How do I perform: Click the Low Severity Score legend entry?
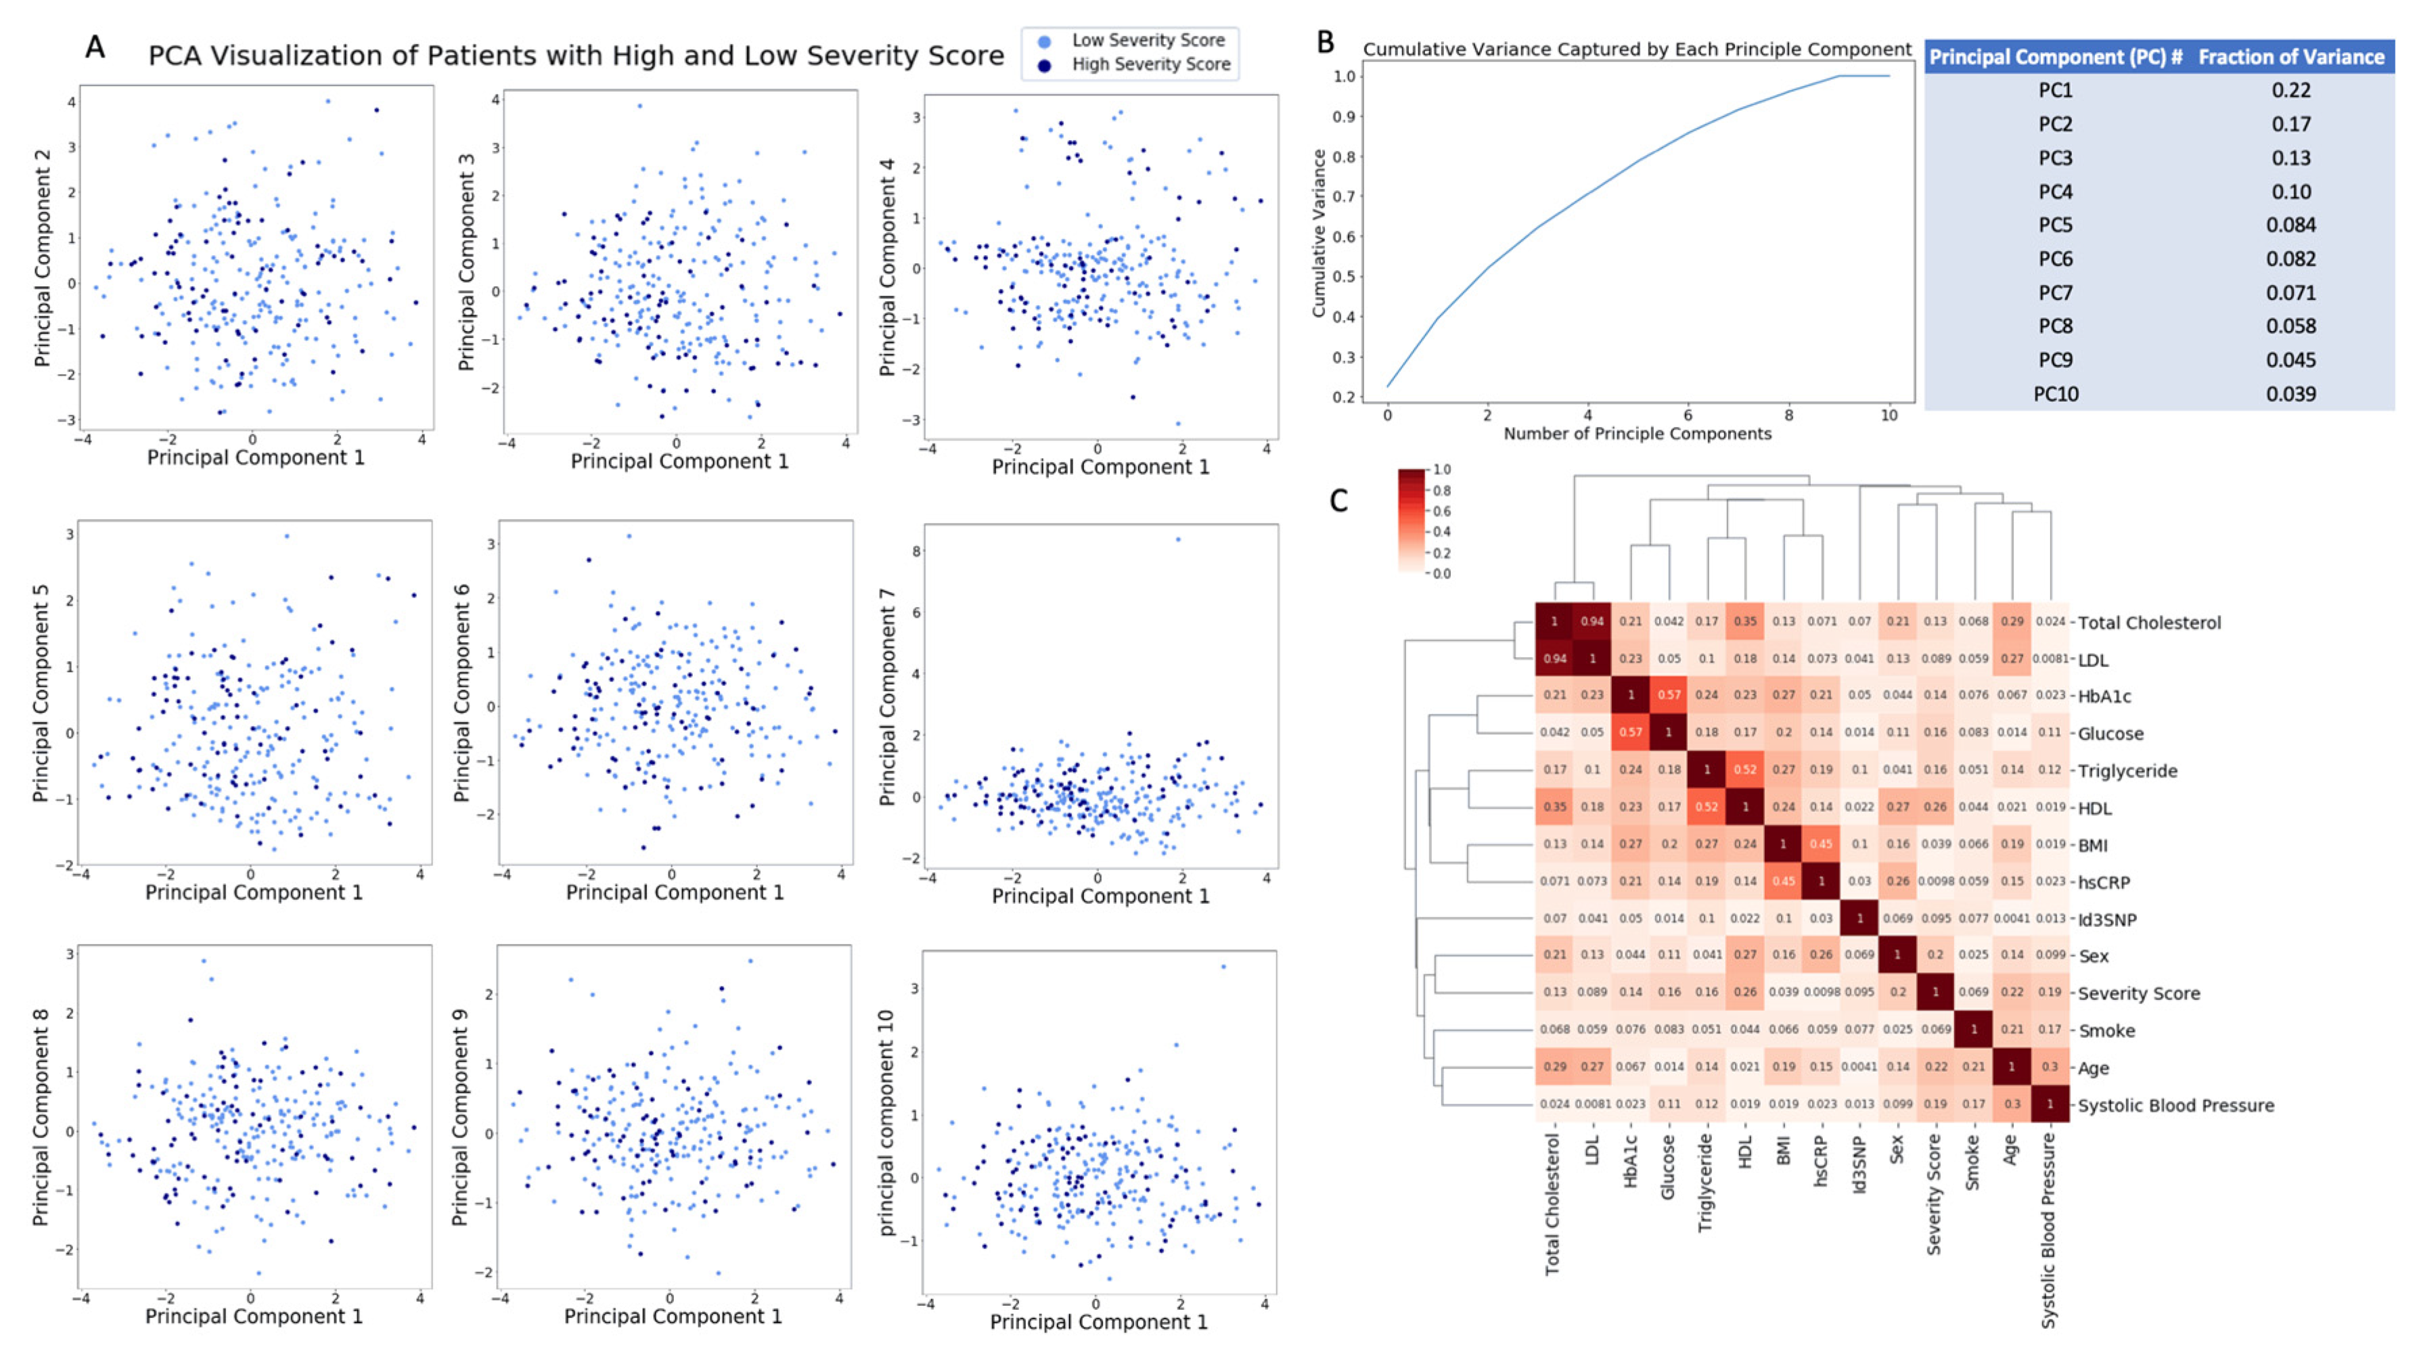1147,41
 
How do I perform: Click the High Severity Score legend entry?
1150,64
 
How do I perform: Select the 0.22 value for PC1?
2291,91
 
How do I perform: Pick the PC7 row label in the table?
2055,293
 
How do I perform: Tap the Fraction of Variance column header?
2291,58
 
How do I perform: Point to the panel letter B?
1326,43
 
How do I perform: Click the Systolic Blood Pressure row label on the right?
2175,1105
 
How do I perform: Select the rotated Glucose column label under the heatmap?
1668,1167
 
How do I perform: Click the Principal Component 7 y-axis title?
887,697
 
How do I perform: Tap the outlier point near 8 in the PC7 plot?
1177,540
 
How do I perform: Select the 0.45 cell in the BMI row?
1822,844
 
